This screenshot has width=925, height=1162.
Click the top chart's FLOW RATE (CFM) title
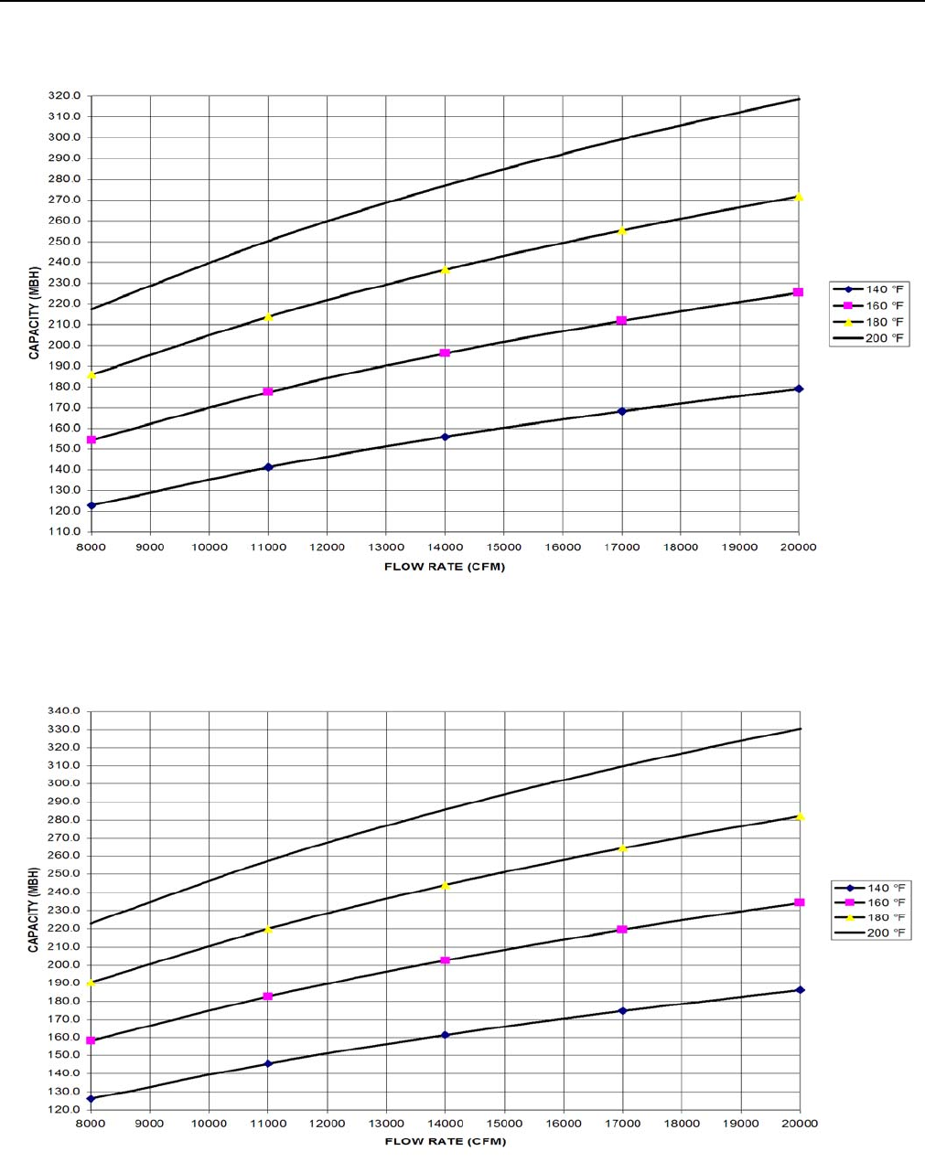click(x=445, y=567)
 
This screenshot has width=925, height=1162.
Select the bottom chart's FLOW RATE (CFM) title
click(x=445, y=1141)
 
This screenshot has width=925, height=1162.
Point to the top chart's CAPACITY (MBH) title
click(x=34, y=314)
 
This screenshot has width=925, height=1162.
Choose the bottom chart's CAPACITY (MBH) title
click(x=34, y=910)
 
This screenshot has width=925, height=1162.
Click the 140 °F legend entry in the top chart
click(x=870, y=289)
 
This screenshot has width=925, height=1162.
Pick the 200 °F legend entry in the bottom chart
click(x=870, y=933)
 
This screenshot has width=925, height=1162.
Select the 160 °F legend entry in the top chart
click(x=870, y=305)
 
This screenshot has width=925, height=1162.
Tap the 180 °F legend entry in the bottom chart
click(x=870, y=917)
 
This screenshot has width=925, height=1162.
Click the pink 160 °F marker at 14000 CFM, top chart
click(x=445, y=353)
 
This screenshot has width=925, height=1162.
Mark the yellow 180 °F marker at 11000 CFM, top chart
click(x=268, y=317)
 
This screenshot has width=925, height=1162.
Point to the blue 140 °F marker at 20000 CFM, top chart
click(x=799, y=389)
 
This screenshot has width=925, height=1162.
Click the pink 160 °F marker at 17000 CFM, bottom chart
click(x=622, y=930)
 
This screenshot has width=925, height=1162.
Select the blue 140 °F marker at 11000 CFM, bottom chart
click(x=268, y=1063)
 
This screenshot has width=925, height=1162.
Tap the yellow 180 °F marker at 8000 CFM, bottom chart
click(x=91, y=983)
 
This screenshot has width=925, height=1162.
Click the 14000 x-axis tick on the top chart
click(x=445, y=547)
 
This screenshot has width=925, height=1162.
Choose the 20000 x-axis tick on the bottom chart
click(x=799, y=1123)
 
